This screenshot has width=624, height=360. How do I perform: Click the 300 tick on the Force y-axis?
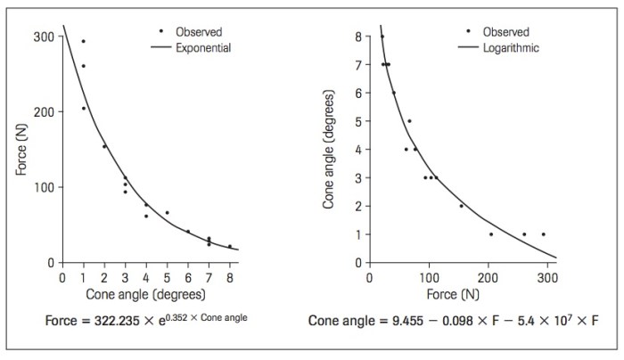coord(43,37)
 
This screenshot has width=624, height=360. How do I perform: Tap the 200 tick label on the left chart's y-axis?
coord(43,112)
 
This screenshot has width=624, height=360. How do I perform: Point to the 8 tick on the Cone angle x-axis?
coord(229,277)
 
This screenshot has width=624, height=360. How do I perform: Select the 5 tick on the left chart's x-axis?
coord(167,277)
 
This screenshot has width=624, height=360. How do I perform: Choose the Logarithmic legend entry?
coord(510,48)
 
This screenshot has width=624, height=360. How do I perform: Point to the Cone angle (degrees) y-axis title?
coord(329,150)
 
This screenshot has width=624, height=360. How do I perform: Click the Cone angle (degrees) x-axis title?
coord(146,293)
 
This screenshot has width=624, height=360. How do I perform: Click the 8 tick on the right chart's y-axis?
coord(357,37)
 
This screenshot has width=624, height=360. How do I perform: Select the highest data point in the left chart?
coord(84,41)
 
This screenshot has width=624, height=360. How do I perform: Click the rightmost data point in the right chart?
coord(543,234)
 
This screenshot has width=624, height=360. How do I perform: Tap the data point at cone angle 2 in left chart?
coord(104,146)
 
